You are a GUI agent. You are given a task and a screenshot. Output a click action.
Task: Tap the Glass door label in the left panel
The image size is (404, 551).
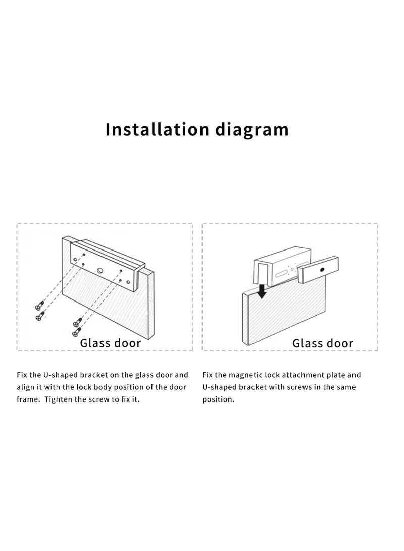coord(111,343)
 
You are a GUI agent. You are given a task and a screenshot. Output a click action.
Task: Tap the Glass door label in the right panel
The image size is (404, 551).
coord(323,343)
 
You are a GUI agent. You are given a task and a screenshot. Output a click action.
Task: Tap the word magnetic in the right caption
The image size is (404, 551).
coord(245,375)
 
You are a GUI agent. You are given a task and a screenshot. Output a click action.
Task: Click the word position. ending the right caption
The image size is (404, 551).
coord(218,399)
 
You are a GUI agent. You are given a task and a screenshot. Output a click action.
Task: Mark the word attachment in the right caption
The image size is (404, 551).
coord(300,375)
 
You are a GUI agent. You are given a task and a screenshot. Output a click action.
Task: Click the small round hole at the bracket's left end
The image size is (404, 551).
coord(75,260)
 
